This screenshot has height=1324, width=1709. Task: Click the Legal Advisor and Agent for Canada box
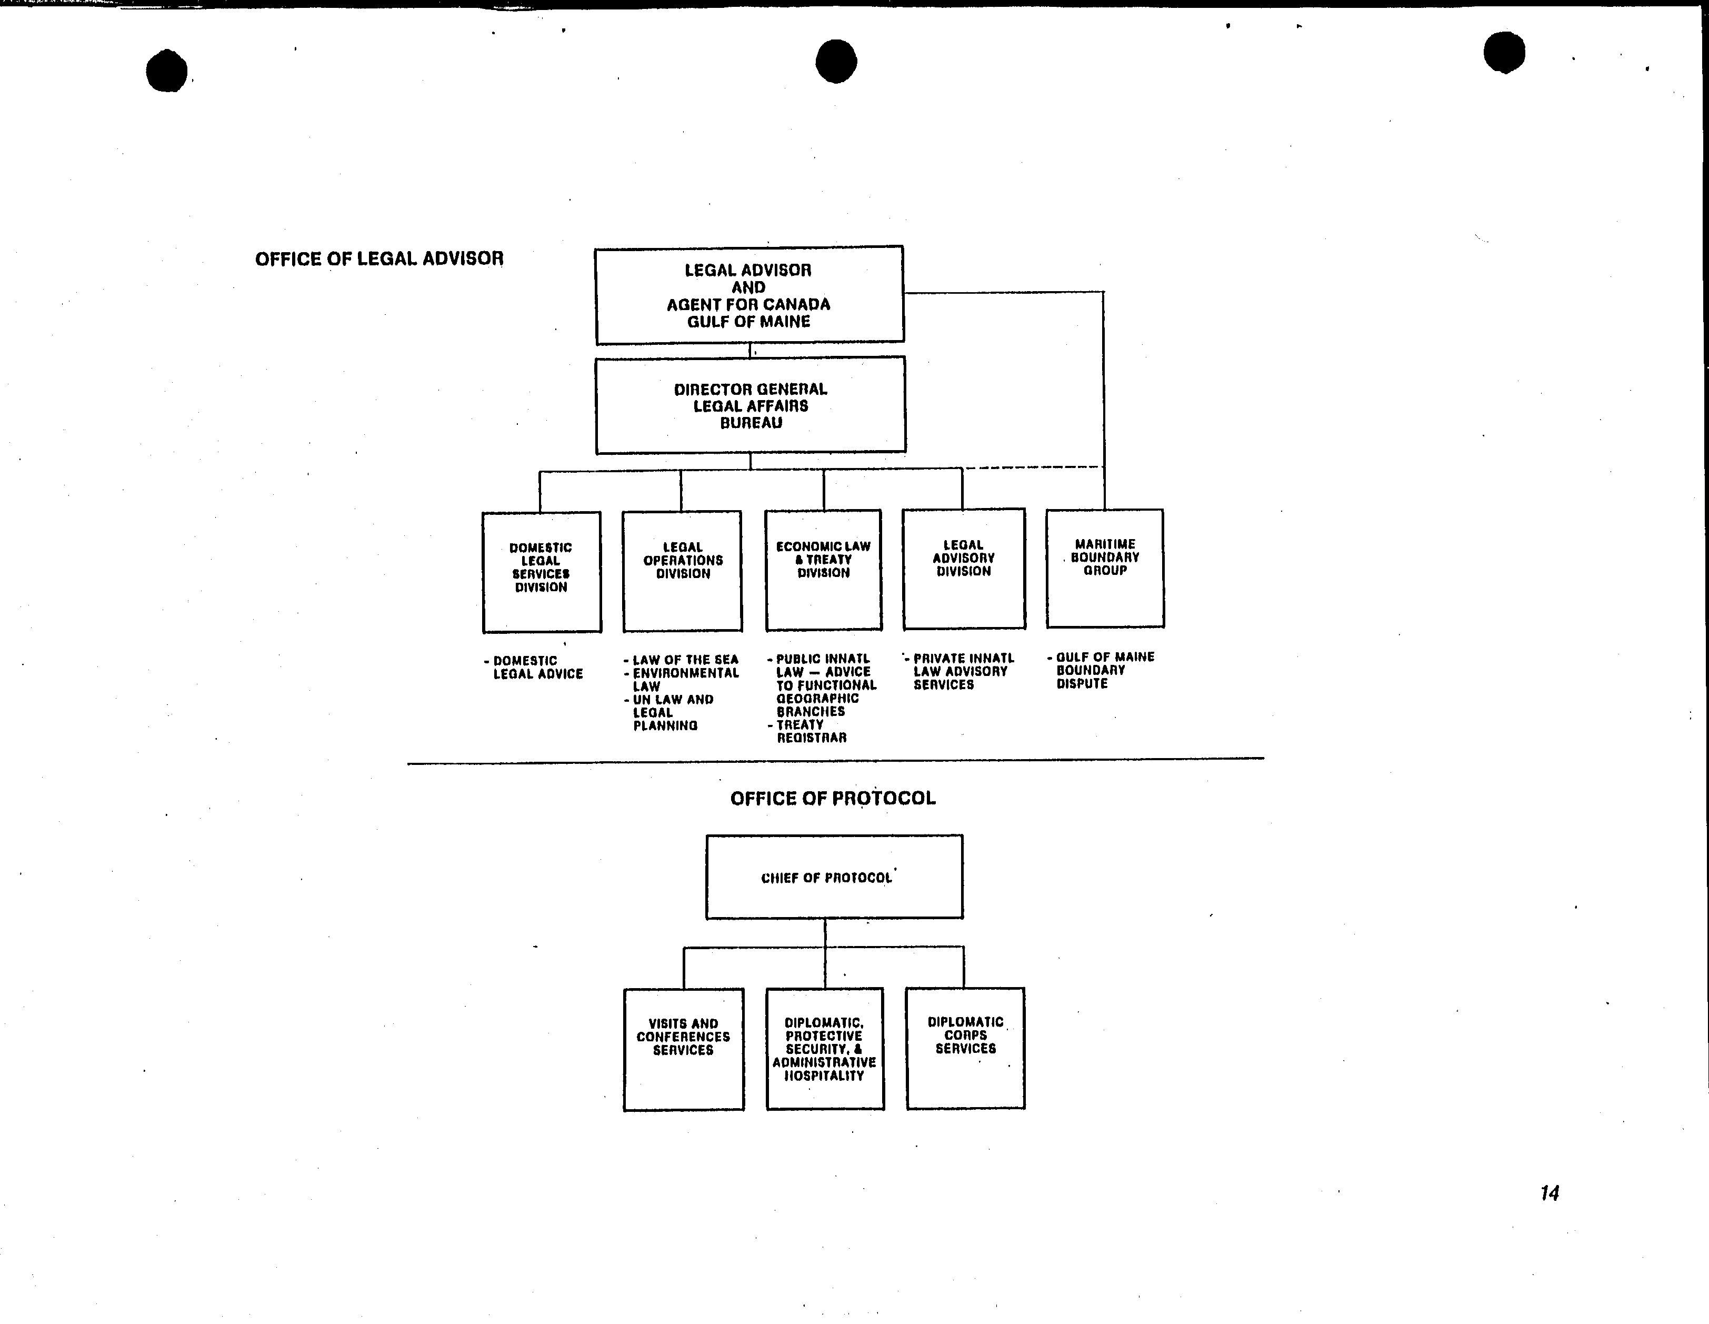coord(749,295)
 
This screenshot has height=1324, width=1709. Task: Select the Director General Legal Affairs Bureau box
coord(751,405)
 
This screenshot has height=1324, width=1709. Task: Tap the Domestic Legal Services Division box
coord(542,572)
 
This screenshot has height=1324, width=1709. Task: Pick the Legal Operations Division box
coord(682,571)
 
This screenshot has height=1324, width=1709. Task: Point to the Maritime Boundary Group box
coord(1105,568)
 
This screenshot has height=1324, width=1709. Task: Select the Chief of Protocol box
coord(834,877)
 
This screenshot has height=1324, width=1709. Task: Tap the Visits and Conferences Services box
coord(683,1049)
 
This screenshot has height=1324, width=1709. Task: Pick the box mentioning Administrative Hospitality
coord(825,1049)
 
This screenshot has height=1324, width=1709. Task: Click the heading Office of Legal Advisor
coord(379,259)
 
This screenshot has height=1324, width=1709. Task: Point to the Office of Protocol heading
coord(833,798)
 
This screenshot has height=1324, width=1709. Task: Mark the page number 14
coord(1550,1193)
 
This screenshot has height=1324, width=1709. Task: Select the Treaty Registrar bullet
coord(807,731)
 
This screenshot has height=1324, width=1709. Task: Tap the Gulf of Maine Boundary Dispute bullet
coord(1101,670)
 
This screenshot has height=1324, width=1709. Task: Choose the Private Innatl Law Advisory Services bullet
coord(960,671)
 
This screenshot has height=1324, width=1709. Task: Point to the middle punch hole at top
coord(836,61)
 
